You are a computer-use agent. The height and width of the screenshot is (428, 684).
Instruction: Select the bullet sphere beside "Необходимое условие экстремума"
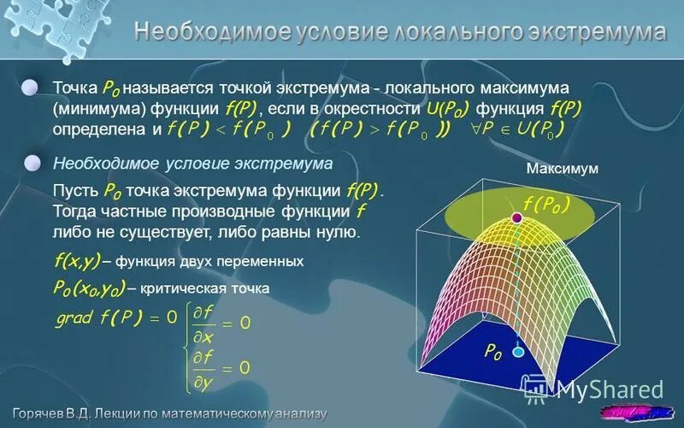32,163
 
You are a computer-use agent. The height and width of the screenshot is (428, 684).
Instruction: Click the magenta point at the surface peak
516,220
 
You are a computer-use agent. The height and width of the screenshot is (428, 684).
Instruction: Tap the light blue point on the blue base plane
516,351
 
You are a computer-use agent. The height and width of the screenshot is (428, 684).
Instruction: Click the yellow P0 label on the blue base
493,352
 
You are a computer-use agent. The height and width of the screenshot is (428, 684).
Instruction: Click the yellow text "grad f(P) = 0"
115,318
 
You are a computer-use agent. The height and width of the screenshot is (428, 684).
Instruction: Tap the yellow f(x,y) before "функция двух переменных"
77,260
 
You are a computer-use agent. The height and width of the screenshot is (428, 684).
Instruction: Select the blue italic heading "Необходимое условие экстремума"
192,163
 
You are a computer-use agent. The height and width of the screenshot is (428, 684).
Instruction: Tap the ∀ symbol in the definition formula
466,128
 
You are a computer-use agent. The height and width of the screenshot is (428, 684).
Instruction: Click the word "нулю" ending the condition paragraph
337,232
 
